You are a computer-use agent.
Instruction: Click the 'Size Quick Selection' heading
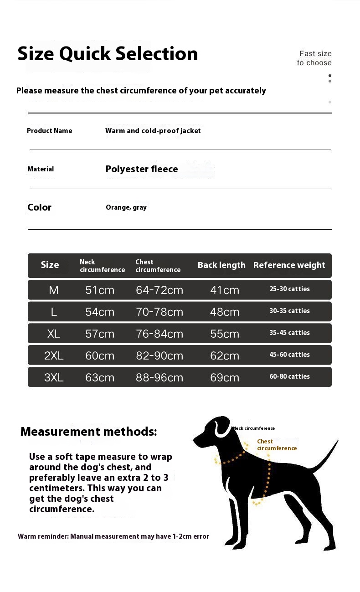[x=108, y=54]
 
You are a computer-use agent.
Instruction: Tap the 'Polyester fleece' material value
[x=142, y=169]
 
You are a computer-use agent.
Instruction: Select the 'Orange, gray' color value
[x=126, y=207]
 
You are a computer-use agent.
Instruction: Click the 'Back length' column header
[x=221, y=265]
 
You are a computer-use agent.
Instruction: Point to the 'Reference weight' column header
[x=289, y=265]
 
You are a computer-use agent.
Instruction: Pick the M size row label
[x=54, y=290]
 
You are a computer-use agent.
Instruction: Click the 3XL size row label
[x=54, y=377]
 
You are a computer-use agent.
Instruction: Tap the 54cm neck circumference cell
[x=100, y=312]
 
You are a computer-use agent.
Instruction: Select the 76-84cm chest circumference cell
[x=159, y=334]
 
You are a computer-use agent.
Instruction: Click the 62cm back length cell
[x=225, y=355]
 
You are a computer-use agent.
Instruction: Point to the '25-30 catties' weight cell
[x=289, y=289]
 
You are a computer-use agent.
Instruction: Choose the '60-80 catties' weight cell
[x=289, y=376]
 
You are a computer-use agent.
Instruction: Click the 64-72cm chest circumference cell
[x=159, y=290]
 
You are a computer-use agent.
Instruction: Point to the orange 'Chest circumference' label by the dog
[x=277, y=445]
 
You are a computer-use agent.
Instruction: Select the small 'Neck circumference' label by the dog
[x=253, y=428]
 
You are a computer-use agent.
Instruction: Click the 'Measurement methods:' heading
[x=88, y=432]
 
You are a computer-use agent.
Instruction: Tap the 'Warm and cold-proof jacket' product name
[x=153, y=131]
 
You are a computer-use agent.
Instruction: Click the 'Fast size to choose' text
[x=314, y=58]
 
